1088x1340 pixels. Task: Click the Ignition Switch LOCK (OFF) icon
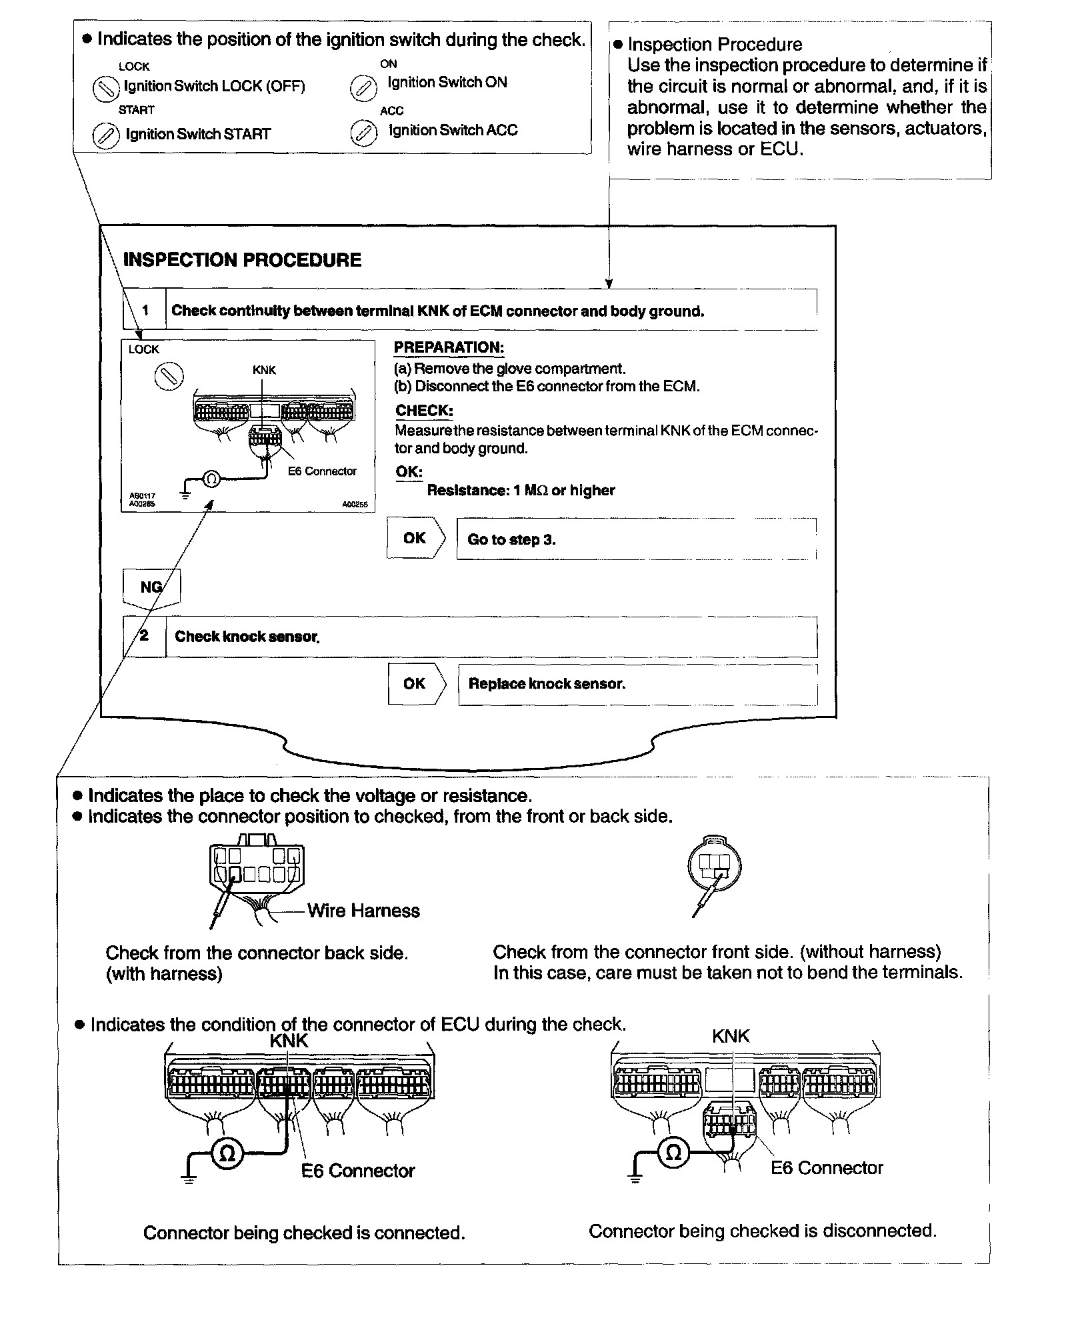pos(105,88)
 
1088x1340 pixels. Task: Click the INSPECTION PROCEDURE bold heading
pos(242,260)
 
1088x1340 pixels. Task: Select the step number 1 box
pos(145,310)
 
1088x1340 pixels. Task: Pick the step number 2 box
pos(144,636)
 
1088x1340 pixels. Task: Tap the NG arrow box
pos(151,587)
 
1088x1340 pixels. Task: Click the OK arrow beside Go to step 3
pos(415,538)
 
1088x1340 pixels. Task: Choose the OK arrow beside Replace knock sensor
pos(415,683)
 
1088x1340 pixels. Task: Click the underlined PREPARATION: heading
pos(449,347)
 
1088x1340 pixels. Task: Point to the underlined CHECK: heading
pos(424,411)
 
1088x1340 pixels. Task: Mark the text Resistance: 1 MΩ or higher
pos(521,491)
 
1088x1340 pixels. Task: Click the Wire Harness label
pos(363,911)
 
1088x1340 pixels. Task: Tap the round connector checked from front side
pos(714,867)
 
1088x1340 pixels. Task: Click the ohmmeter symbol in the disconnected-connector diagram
pos(673,1152)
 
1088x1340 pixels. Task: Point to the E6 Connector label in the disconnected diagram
pos(827,1168)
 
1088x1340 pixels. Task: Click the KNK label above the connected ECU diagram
pos(289,1041)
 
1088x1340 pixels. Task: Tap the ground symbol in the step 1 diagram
pos(185,494)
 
